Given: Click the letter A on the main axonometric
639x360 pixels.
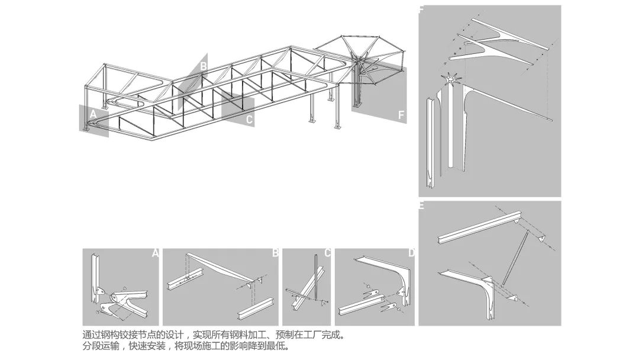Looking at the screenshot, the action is click(x=93, y=114).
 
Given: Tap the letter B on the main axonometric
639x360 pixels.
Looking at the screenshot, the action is click(x=204, y=66).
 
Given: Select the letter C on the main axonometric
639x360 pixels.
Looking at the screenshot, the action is click(x=249, y=120).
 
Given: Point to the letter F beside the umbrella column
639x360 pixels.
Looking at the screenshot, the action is click(x=401, y=115).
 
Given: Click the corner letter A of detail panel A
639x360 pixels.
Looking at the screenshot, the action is click(x=155, y=253).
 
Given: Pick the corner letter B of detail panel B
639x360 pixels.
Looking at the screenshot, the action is click(x=275, y=253).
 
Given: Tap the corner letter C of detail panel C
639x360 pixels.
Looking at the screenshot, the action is click(x=327, y=253).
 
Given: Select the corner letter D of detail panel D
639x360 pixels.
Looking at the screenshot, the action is click(x=411, y=253).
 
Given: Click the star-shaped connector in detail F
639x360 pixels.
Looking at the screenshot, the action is click(x=451, y=79).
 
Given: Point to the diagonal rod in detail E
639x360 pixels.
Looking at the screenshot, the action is click(x=515, y=258).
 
